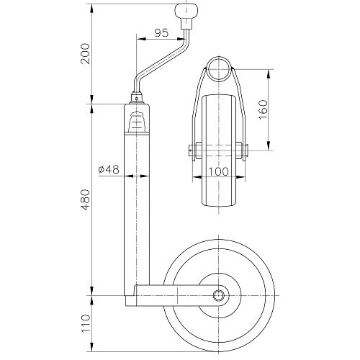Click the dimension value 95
(x=161, y=33)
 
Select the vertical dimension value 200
(x=86, y=53)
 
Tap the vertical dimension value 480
(x=86, y=200)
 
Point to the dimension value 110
(x=86, y=323)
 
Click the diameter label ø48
(x=109, y=169)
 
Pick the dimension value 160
(x=263, y=109)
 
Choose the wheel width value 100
(x=219, y=171)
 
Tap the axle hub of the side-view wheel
(x=218, y=295)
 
